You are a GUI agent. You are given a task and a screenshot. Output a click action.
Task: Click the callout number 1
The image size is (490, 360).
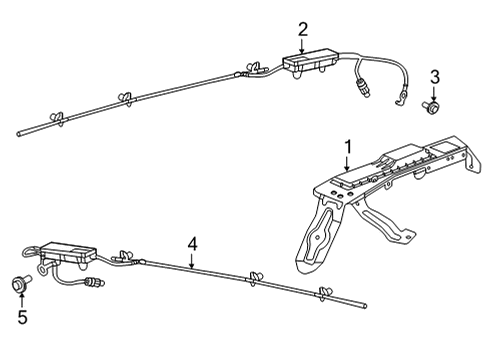(348, 147)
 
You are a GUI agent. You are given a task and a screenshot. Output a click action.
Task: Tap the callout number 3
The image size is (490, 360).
(435, 77)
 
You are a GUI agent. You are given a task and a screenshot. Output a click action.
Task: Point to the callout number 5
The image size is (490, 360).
(21, 319)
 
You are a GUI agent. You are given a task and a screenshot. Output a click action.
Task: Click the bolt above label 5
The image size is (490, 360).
(19, 285)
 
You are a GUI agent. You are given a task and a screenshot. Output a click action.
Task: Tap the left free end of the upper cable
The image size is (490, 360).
(19, 131)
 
